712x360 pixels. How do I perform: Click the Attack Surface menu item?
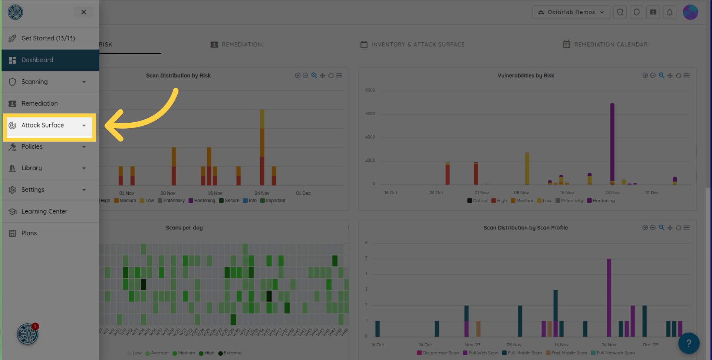point(43,125)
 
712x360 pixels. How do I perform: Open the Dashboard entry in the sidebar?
point(37,60)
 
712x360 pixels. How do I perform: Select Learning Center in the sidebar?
point(44,211)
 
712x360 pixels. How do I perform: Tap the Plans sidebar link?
point(29,233)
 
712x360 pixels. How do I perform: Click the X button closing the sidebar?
point(83,12)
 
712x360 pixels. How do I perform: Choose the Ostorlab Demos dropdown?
point(571,12)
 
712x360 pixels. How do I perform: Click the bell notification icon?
point(669,12)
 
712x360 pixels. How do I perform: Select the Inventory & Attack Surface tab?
point(412,44)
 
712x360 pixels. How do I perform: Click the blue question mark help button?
point(689,343)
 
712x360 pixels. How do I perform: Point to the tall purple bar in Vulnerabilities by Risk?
point(612,141)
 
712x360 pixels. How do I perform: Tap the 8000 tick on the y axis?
point(370,90)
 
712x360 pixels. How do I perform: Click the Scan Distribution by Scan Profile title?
point(525,228)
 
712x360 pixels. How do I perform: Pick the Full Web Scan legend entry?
point(481,353)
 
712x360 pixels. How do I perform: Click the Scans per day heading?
point(184,228)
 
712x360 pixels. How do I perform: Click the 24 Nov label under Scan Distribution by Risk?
point(262,193)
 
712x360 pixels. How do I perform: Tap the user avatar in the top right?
point(690,12)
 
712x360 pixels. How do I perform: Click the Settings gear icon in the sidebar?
point(12,190)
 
